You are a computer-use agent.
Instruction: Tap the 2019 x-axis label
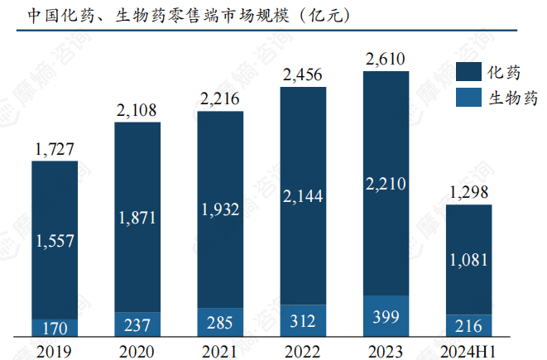(x=55, y=349)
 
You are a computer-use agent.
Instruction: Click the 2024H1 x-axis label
(x=468, y=349)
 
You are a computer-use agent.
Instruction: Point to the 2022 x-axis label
(x=303, y=349)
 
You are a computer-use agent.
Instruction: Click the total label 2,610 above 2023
(x=386, y=59)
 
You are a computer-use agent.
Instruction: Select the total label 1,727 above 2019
(x=55, y=149)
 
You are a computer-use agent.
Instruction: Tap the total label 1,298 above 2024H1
(x=468, y=193)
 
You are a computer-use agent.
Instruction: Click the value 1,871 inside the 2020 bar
(x=137, y=218)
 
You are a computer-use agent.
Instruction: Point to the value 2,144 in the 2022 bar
(x=303, y=196)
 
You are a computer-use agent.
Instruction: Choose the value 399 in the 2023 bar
(x=386, y=316)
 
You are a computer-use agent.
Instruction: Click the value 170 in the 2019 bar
(x=55, y=329)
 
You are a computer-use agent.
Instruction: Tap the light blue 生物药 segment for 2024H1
(x=468, y=325)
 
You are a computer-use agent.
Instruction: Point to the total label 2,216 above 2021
(x=220, y=99)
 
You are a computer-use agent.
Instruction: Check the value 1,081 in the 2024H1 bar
(x=468, y=260)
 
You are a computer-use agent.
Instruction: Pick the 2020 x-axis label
(x=137, y=349)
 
